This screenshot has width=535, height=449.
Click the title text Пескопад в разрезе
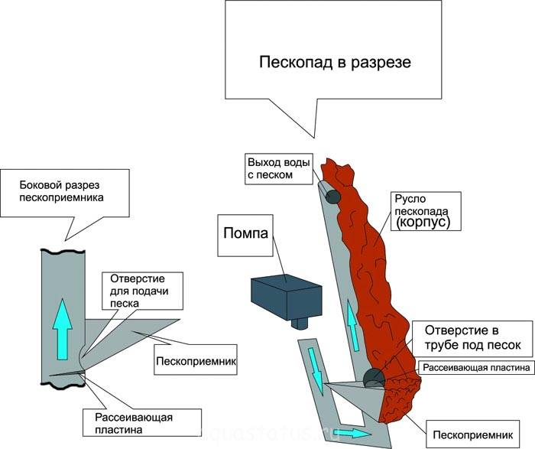click(335, 62)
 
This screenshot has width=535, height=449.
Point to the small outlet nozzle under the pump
click(300, 323)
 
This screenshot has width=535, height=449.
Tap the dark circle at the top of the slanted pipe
click(333, 197)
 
